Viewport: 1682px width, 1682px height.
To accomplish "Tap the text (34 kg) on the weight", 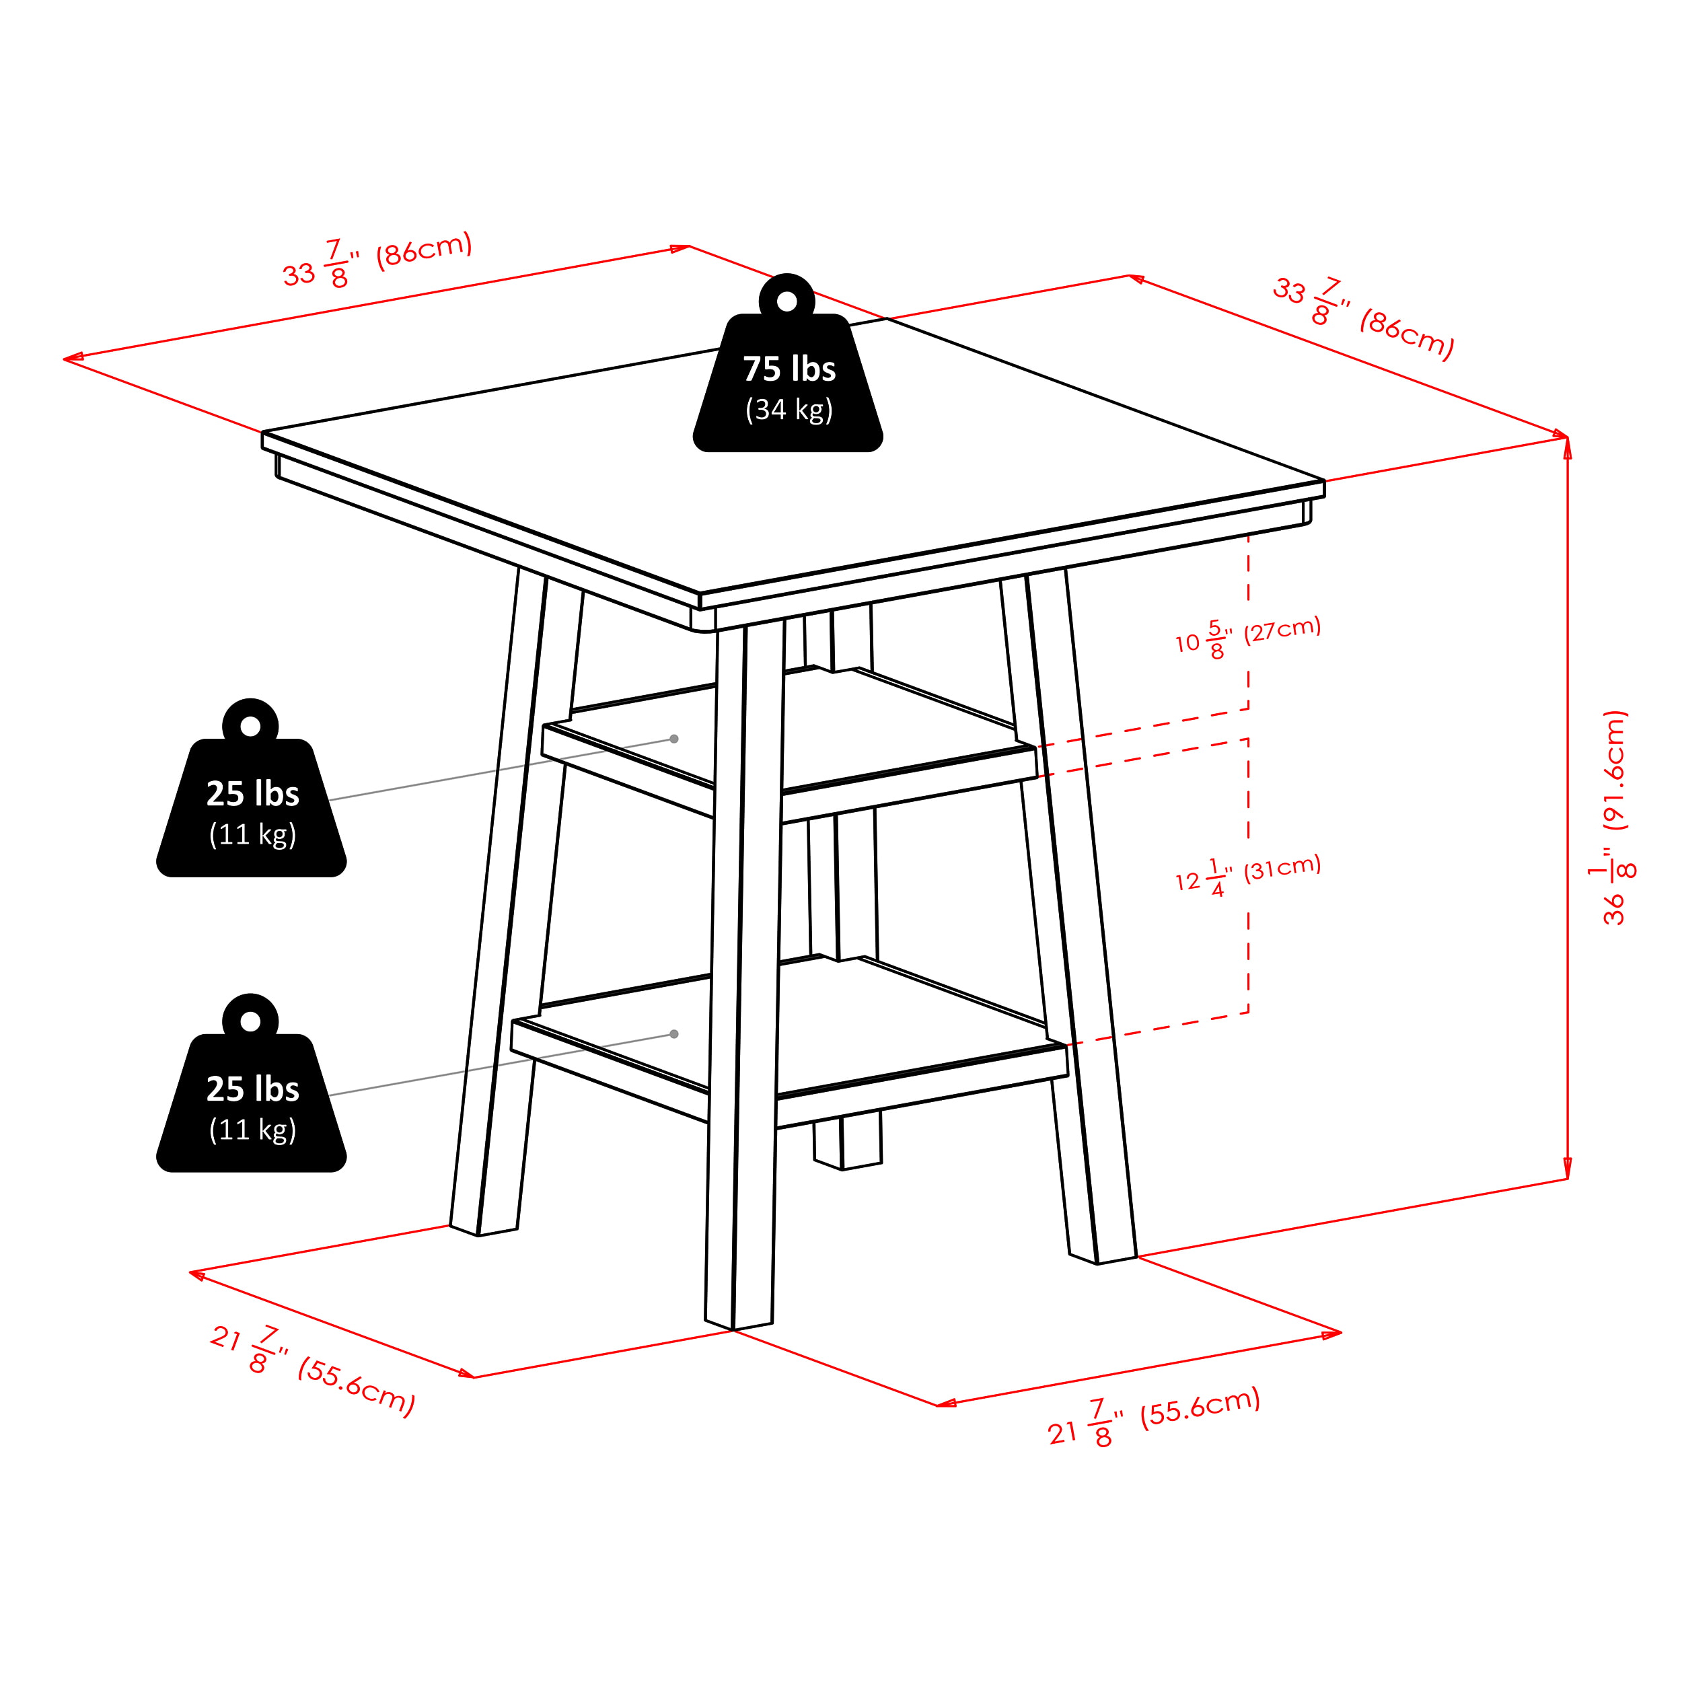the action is tap(789, 410).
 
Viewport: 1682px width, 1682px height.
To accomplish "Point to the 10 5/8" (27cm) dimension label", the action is tap(1247, 636).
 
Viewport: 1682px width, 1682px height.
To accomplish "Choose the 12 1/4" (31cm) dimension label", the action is tap(1247, 875).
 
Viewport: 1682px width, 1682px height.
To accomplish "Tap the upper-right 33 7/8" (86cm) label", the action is tap(1363, 318).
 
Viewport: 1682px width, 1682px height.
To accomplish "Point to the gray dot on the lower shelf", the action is tap(674, 1034).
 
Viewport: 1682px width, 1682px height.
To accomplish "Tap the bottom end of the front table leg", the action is tap(734, 1329).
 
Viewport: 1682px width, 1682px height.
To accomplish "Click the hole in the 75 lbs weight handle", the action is tap(787, 301).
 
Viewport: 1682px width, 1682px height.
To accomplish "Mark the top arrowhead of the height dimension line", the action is tap(1567, 447).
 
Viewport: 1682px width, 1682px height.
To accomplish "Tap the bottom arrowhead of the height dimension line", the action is tap(1567, 1169).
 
